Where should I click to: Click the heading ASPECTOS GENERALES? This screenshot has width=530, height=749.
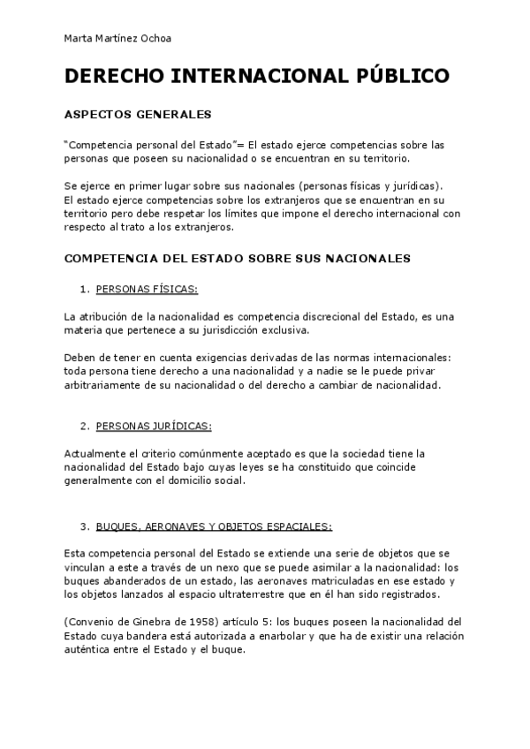point(137,114)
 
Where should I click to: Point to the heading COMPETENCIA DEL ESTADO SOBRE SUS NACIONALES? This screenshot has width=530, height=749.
point(238,259)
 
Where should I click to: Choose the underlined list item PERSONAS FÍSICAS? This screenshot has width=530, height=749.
point(147,289)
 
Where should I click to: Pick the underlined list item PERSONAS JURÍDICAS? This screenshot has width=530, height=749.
point(154,426)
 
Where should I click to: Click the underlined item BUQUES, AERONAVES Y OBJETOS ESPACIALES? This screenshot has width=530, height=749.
point(214,526)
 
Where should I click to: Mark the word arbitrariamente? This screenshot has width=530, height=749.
point(105,386)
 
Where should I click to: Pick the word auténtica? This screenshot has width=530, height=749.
point(88,650)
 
